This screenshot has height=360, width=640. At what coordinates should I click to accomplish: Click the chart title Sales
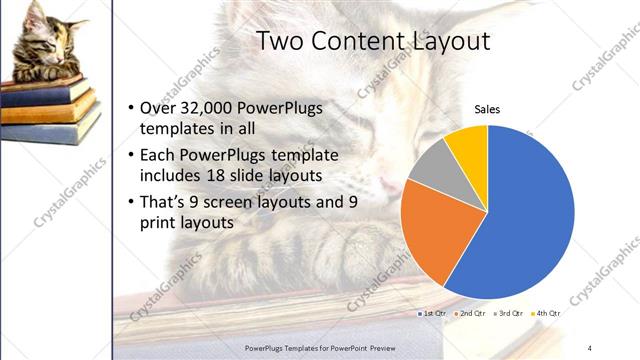click(x=487, y=110)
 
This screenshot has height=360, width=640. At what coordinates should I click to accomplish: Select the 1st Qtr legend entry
click(x=433, y=314)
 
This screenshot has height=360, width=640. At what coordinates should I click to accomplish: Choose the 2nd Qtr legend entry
click(x=472, y=314)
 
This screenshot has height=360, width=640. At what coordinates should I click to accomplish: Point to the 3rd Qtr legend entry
click(x=510, y=314)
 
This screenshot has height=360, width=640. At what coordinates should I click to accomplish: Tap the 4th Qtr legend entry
click(x=547, y=314)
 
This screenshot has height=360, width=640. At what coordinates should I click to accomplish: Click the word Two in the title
click(x=280, y=41)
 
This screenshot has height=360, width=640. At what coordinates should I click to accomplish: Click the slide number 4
click(x=589, y=346)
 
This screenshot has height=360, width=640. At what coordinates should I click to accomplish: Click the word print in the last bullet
click(x=164, y=223)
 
